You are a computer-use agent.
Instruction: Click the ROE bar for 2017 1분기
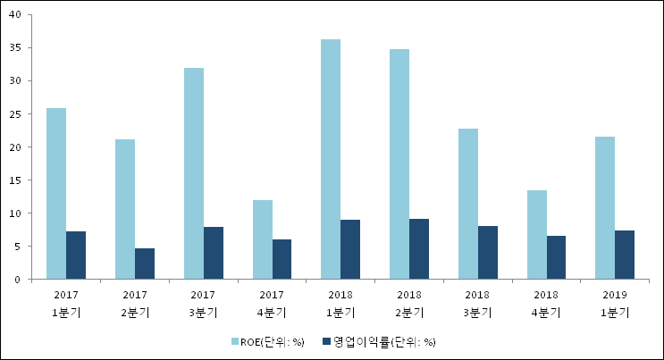(56, 194)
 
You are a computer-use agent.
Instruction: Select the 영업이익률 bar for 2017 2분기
(145, 264)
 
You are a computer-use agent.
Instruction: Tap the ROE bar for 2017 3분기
(194, 173)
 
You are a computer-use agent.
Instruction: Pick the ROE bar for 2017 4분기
(262, 239)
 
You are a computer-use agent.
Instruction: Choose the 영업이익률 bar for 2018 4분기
(556, 257)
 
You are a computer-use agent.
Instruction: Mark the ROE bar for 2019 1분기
(605, 208)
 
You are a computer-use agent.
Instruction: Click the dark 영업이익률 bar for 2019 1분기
(625, 255)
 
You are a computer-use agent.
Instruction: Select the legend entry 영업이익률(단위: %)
(383, 341)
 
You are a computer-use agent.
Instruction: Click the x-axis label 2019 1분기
(615, 302)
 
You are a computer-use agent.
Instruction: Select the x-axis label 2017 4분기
(272, 302)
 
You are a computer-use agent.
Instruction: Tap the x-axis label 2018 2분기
(409, 302)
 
